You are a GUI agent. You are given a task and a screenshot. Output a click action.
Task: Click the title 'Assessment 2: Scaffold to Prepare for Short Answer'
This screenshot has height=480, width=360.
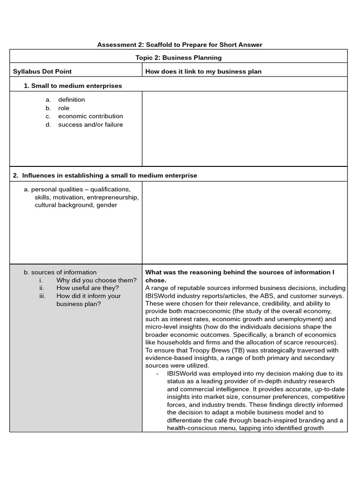[x=180, y=45]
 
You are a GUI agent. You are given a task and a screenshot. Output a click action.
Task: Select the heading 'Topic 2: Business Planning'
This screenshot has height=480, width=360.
[x=178, y=58]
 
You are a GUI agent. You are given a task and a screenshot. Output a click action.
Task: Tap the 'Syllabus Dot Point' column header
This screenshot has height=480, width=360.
[x=42, y=71]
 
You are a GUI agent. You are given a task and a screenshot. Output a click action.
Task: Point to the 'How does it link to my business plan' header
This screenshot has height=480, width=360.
[x=203, y=71]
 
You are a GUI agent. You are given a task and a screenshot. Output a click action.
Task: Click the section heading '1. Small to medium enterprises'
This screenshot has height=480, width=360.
[x=73, y=86]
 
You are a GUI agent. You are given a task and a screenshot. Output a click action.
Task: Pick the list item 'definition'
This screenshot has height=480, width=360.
[x=71, y=99]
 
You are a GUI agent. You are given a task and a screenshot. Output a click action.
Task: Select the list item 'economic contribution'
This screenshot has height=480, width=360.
[x=90, y=116]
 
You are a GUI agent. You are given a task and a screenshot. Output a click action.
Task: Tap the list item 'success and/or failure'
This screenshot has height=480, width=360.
[x=90, y=125]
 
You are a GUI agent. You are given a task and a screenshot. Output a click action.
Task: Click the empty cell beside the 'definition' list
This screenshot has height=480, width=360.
[x=244, y=128]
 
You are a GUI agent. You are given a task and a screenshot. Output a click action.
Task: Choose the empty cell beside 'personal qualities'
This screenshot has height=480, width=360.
[x=244, y=222]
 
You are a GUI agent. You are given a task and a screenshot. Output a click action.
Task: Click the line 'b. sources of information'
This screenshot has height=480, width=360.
[x=60, y=272]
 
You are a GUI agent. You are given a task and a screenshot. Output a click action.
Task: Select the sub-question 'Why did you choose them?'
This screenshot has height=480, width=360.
[x=96, y=280]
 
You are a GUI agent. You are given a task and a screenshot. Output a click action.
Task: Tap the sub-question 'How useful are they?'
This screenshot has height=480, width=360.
[x=88, y=288]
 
